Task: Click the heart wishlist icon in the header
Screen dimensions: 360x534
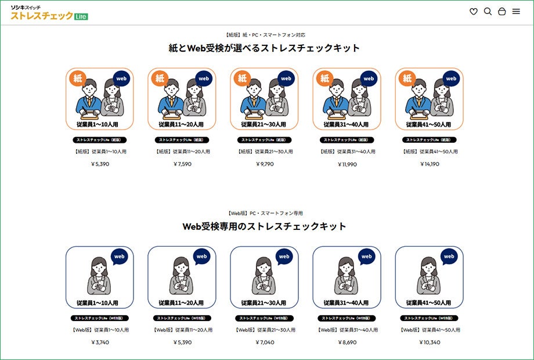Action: point(474,12)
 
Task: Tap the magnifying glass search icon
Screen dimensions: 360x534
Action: point(488,12)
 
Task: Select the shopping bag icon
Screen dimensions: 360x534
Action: point(502,12)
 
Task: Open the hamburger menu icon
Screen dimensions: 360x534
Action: point(516,12)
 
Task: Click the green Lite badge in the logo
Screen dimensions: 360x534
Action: point(81,17)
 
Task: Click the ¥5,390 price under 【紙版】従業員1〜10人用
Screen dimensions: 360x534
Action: point(100,164)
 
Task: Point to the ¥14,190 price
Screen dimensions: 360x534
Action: point(430,164)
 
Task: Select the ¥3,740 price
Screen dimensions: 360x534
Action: point(100,343)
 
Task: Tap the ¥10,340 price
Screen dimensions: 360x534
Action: point(430,343)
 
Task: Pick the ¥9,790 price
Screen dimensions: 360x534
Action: point(265,164)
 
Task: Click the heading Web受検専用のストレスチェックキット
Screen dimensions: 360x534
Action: point(264,226)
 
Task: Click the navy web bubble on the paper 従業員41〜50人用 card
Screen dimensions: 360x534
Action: point(451,78)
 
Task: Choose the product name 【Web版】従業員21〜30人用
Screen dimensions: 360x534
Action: point(265,330)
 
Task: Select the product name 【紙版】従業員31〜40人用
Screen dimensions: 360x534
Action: point(347,152)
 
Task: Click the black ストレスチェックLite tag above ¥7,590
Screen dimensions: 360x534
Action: point(182,140)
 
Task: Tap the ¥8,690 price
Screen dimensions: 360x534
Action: point(347,343)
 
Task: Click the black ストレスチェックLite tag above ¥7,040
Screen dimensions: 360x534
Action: point(265,318)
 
